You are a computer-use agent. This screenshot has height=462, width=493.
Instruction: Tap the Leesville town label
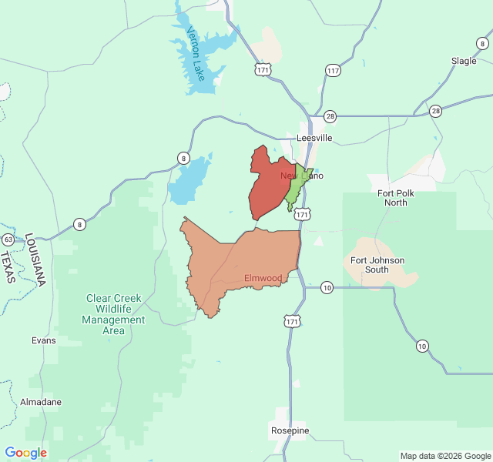coord(314,138)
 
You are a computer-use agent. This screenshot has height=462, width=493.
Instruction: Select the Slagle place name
coord(464,61)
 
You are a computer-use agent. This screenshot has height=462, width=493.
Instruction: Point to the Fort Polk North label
coord(396,198)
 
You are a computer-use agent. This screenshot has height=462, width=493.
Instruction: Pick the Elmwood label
coord(263,278)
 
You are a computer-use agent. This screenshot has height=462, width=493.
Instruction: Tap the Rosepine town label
coord(290,430)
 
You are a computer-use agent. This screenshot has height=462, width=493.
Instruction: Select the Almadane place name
coord(41,402)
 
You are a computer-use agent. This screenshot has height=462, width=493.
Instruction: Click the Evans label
coord(43,340)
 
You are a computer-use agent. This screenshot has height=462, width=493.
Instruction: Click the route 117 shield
coord(333,71)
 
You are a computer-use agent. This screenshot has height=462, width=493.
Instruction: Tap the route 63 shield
coord(8,239)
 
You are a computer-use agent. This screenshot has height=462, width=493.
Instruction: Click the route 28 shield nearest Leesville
coord(330,115)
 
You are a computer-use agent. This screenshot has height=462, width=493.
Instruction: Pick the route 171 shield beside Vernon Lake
coord(263,70)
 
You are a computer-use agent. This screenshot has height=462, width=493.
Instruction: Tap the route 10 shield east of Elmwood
coord(327,287)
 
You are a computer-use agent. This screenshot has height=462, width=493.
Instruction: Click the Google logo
coord(26,453)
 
